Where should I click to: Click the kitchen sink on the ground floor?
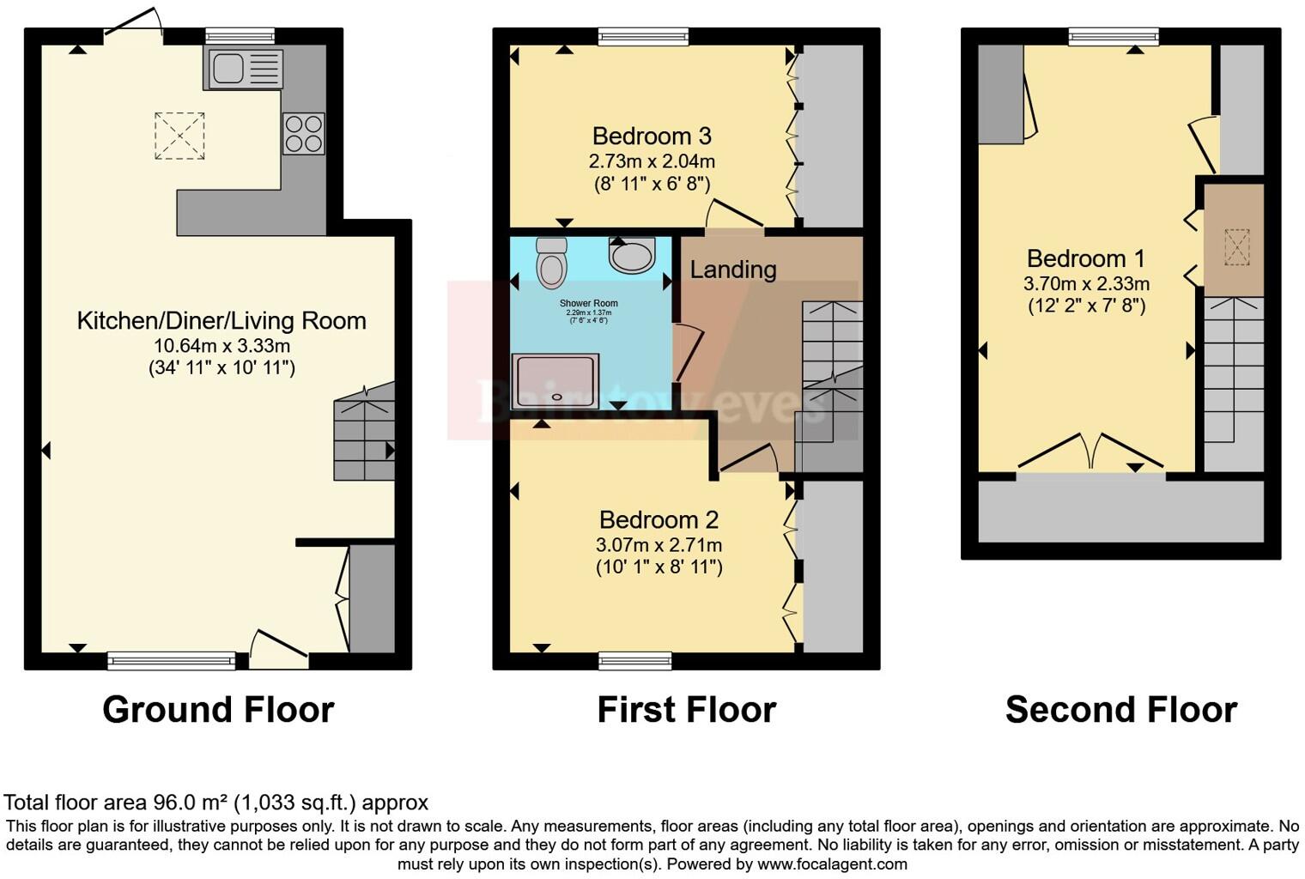[243, 69]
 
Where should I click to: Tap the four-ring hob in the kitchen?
[304, 134]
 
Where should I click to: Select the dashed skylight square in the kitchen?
[179, 136]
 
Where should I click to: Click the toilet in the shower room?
[551, 262]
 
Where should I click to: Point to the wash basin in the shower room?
[632, 254]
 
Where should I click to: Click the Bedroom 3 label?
[652, 136]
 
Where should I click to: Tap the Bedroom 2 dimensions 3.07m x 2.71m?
[659, 545]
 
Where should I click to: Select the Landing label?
[733, 270]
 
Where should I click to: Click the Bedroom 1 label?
[1086, 258]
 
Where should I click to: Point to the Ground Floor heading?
[218, 710]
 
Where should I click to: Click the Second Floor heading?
[1120, 710]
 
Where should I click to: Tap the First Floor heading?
[686, 710]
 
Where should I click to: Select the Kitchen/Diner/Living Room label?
[222, 321]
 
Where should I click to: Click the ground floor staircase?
[364, 433]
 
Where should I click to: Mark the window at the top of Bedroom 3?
[643, 36]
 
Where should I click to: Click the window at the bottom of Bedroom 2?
[635, 660]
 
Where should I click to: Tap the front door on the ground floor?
[278, 652]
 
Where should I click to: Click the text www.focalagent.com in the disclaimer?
[832, 864]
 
